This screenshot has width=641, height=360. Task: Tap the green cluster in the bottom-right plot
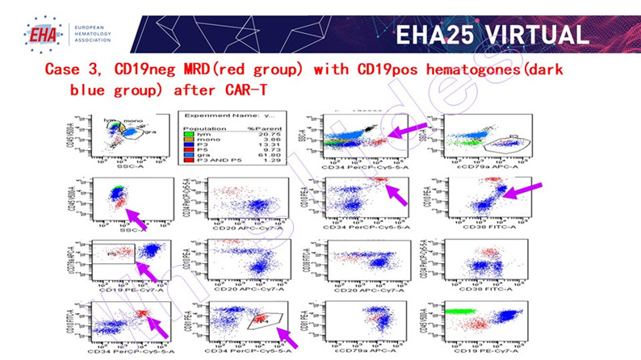pos(461,310)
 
